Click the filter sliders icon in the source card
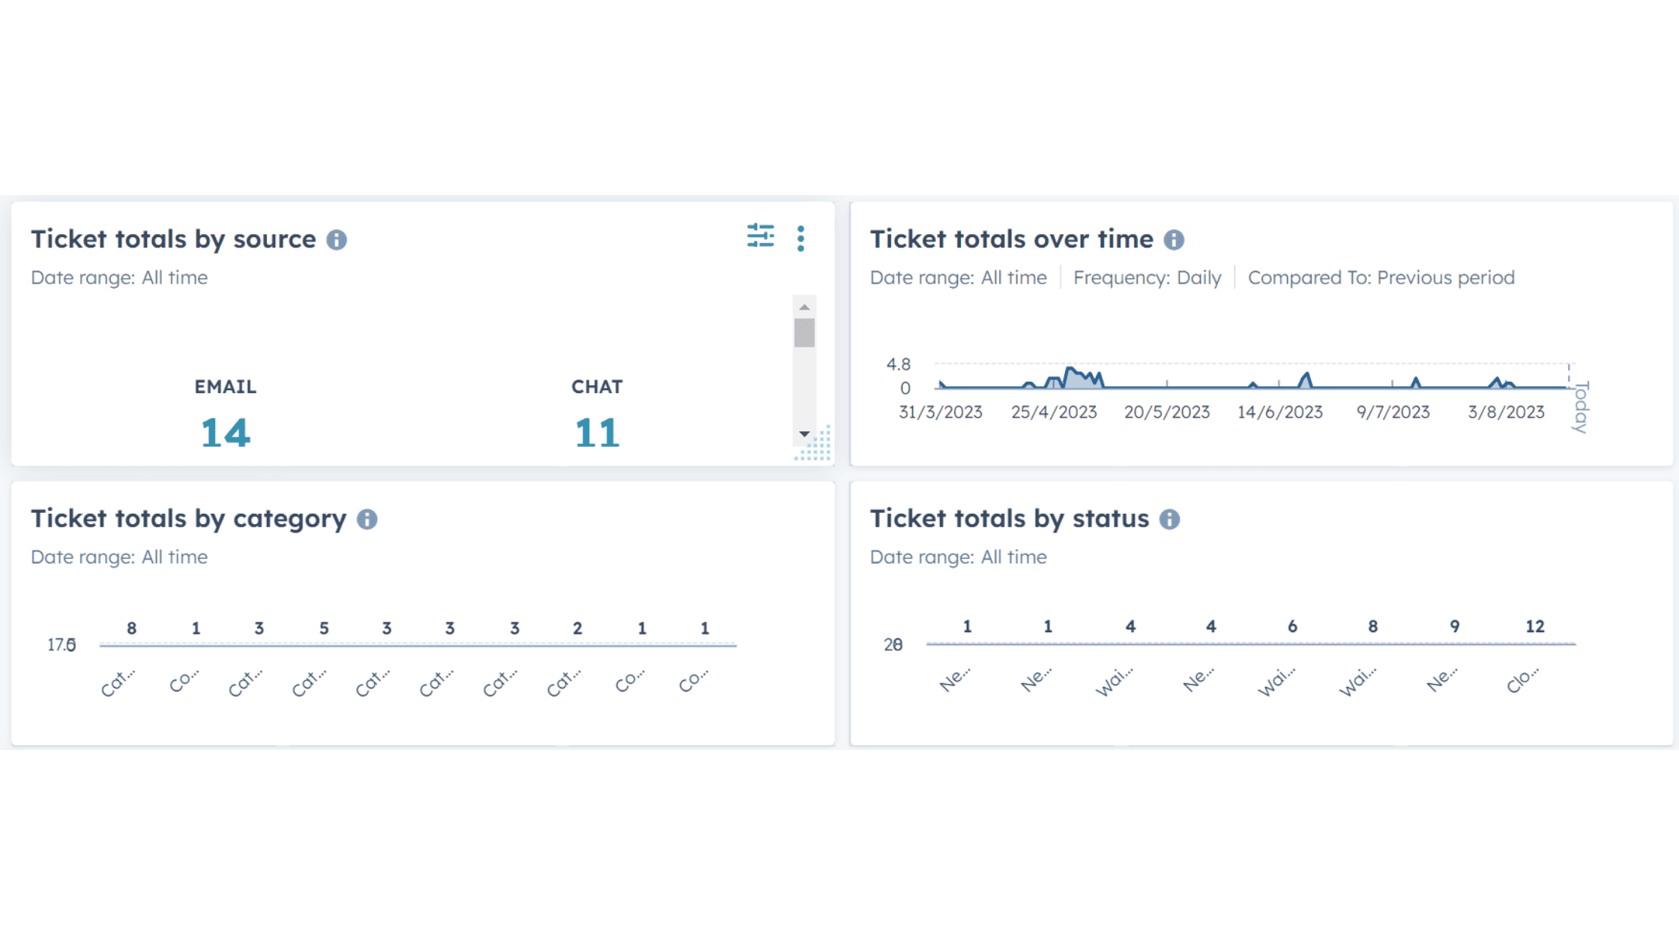[x=760, y=236]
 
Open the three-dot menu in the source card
[x=801, y=238]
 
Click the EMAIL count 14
[x=225, y=433]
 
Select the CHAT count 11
[x=597, y=433]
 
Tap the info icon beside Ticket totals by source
[x=337, y=240]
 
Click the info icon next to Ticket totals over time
[x=1174, y=240]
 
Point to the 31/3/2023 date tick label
[x=940, y=412]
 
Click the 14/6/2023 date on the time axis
[x=1279, y=412]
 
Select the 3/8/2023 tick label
[x=1506, y=412]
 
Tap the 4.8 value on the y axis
[x=898, y=364]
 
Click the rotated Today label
[x=1581, y=407]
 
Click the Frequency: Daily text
[x=1147, y=277]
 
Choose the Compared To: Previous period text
[x=1381, y=277]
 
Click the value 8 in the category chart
[x=131, y=628]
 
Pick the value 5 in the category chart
[x=324, y=628]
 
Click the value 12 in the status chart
[x=1534, y=626]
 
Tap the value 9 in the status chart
[x=1454, y=626]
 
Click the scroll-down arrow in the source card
[x=804, y=434]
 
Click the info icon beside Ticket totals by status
[x=1169, y=519]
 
